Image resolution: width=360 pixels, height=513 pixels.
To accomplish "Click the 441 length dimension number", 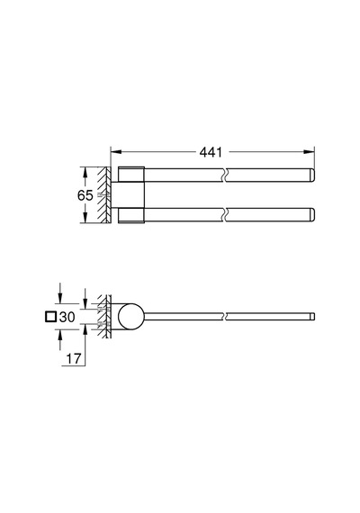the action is point(211,152).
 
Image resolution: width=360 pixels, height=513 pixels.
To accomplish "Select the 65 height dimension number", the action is point(85,195).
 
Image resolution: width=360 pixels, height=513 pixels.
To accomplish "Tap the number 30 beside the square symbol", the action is point(67,317).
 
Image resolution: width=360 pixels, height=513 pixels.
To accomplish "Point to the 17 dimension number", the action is point(74,359).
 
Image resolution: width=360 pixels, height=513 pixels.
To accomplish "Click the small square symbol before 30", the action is point(51,317).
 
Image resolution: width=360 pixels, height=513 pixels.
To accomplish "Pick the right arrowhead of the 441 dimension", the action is point(309,152).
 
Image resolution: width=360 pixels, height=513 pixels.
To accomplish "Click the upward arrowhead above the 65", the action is point(85,173).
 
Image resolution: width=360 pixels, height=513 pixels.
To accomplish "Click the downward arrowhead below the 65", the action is point(85,218).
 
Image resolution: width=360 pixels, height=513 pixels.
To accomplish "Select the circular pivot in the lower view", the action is point(130,317).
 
